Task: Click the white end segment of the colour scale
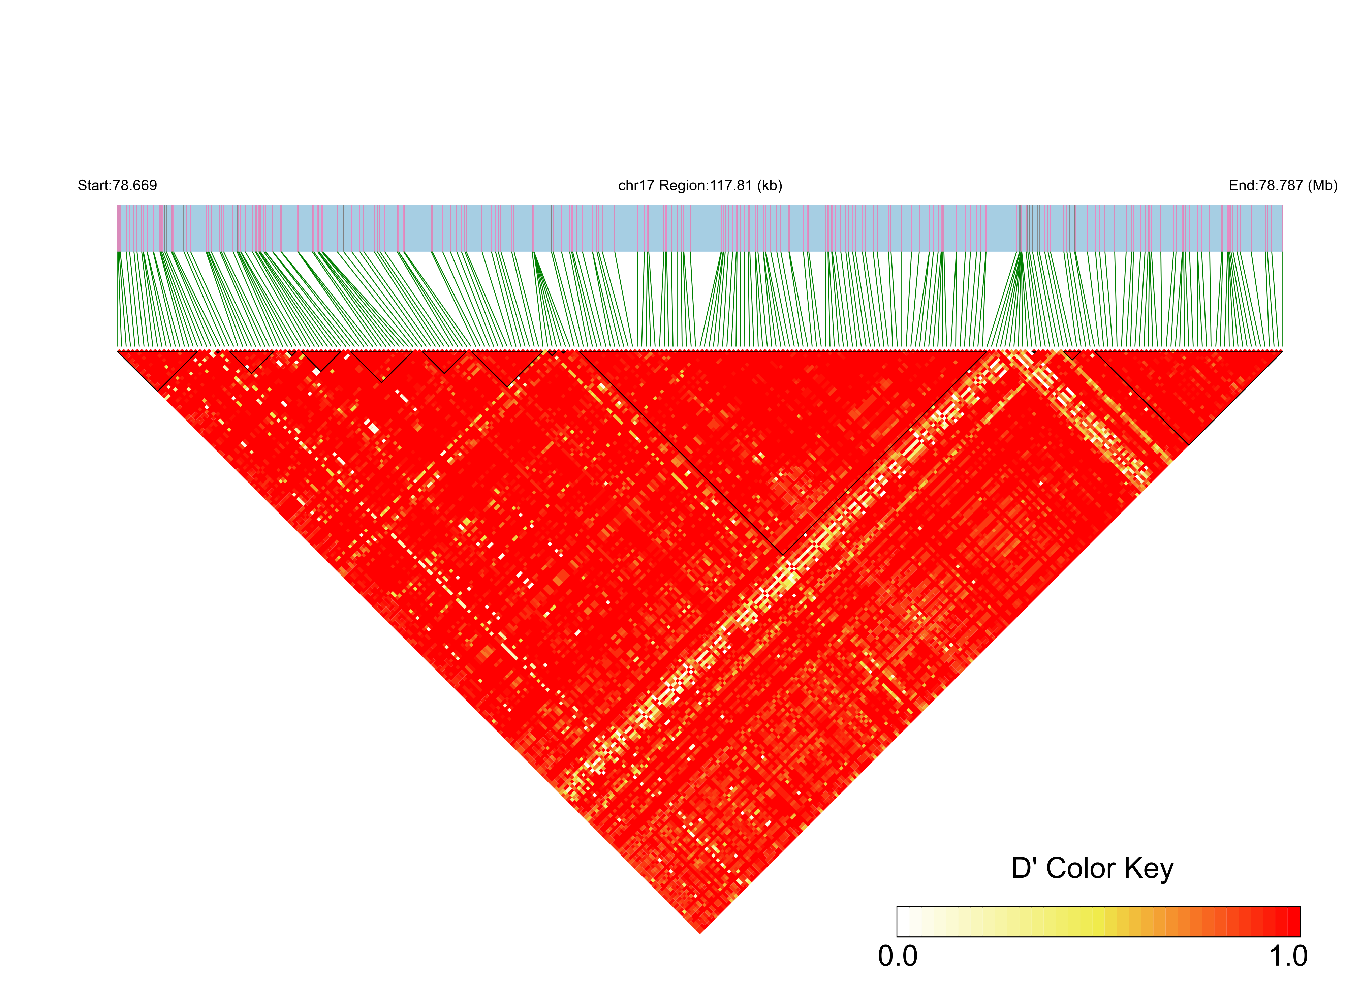(903, 922)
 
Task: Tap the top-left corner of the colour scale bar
(897, 907)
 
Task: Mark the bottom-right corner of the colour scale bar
(1300, 937)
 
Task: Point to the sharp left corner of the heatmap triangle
(118, 350)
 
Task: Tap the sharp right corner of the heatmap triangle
(1282, 350)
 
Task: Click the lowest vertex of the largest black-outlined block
(783, 555)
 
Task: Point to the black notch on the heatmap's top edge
(1032, 352)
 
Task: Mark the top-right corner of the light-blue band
(1283, 205)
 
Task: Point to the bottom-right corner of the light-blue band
(1283, 251)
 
